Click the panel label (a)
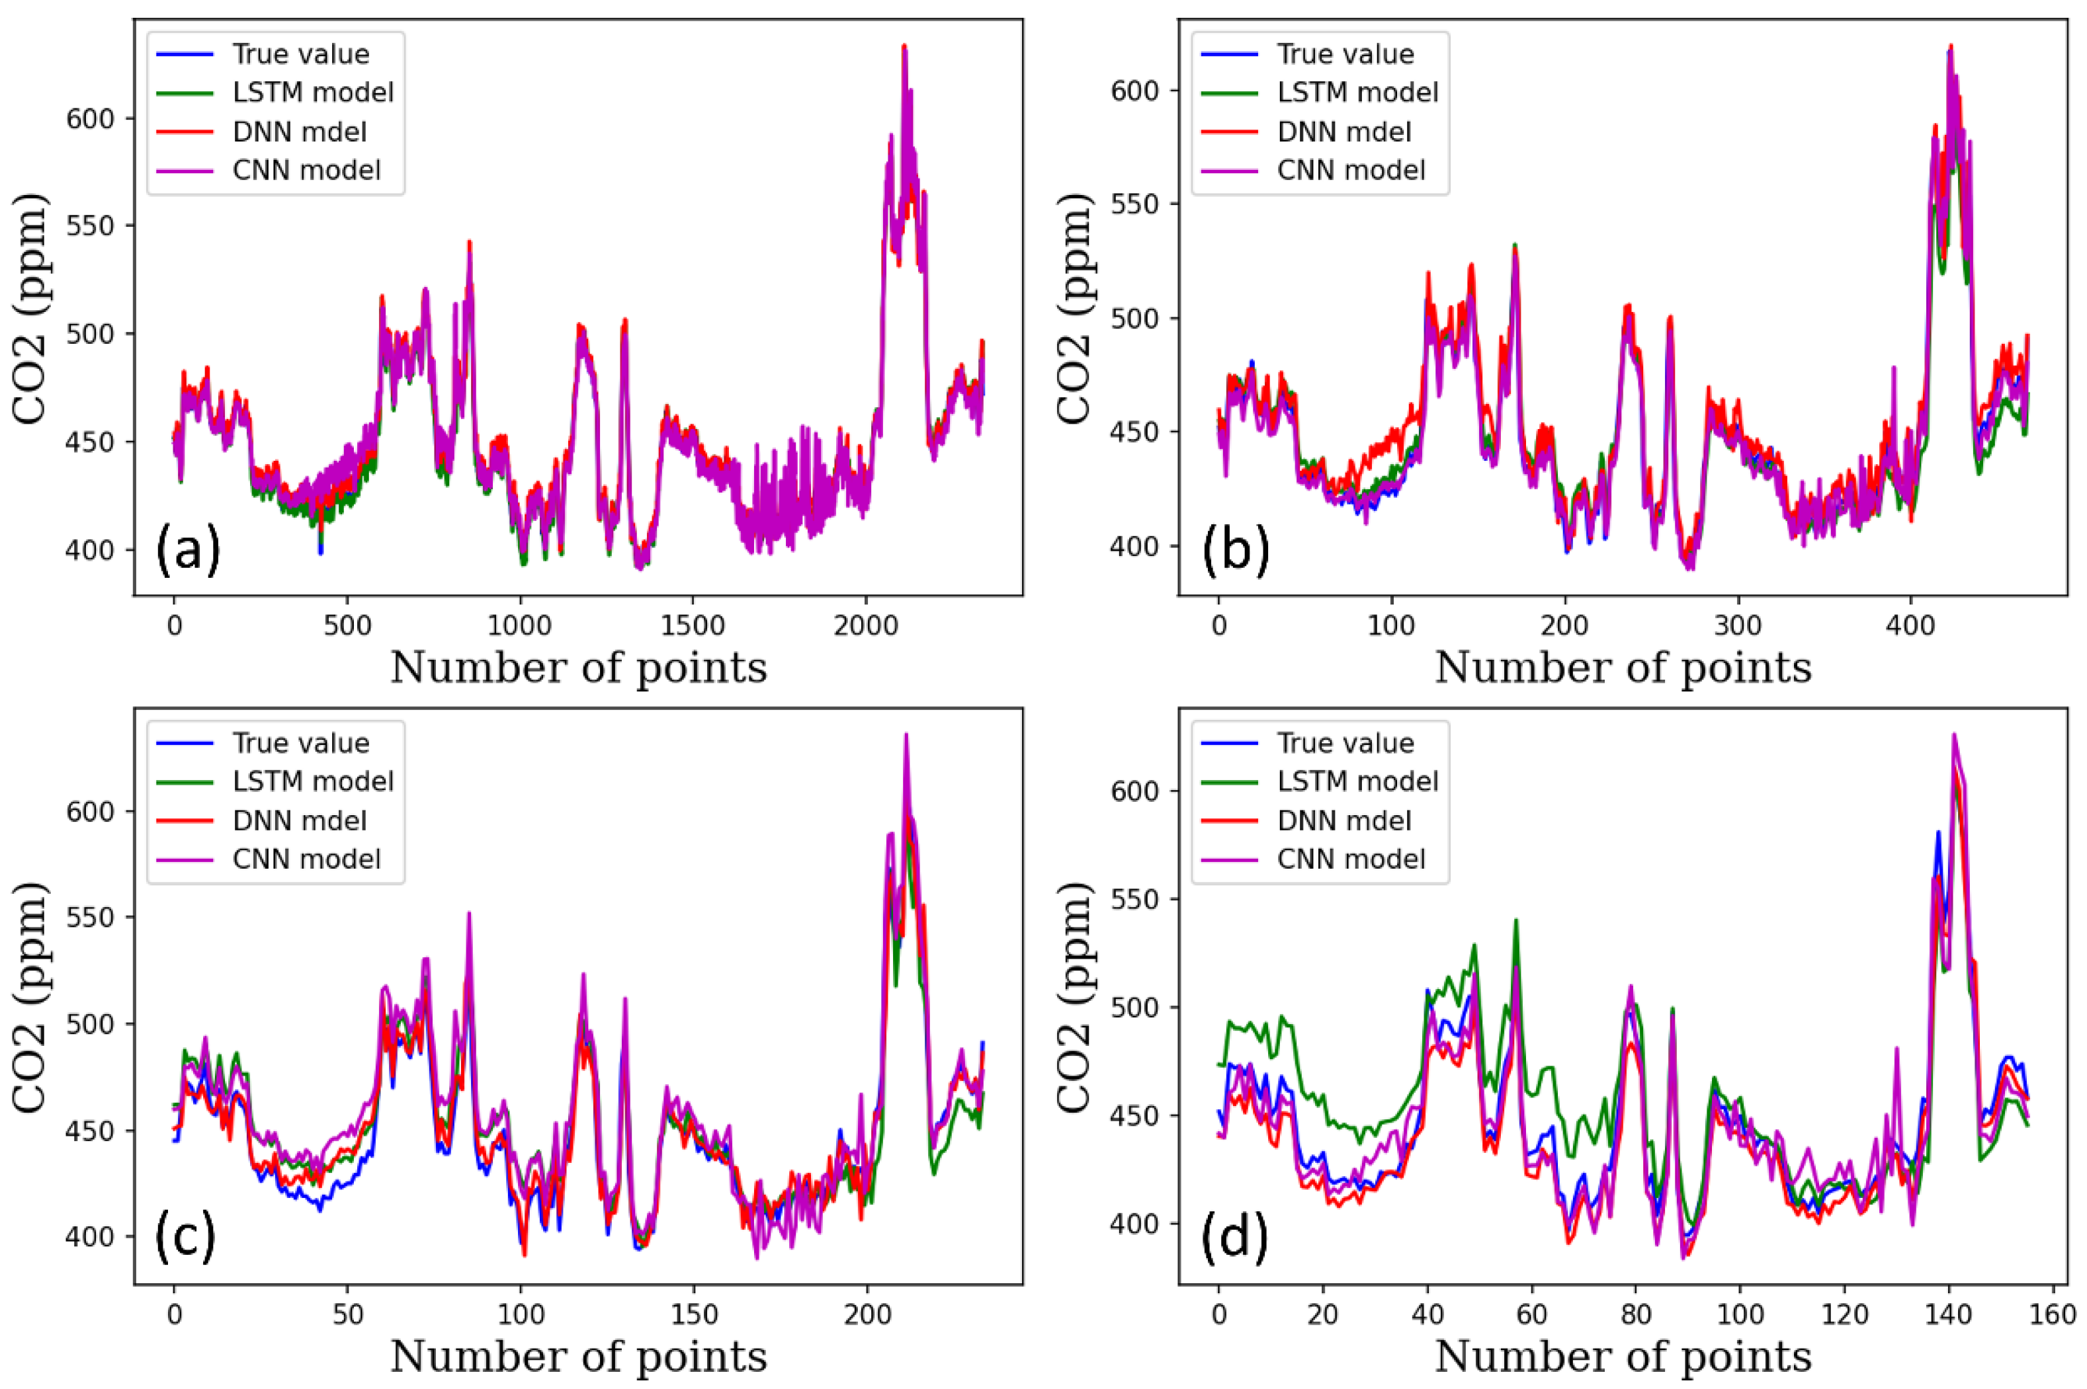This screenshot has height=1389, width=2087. (x=188, y=551)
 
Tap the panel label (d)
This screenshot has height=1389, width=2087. (x=1234, y=1238)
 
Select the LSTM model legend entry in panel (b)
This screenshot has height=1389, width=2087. (x=1357, y=92)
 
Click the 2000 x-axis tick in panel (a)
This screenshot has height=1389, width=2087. (x=867, y=625)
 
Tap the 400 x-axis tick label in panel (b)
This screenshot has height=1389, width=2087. (x=1910, y=625)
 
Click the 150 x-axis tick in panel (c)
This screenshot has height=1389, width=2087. (x=694, y=1314)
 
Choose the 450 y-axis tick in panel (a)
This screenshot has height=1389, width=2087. (x=91, y=442)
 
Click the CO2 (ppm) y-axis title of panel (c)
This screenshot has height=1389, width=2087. (x=30, y=996)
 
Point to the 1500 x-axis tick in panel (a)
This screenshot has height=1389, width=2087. (x=694, y=625)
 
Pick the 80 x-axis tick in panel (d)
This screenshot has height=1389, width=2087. (x=1636, y=1314)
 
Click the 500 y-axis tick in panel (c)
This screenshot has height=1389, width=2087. (x=91, y=1024)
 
